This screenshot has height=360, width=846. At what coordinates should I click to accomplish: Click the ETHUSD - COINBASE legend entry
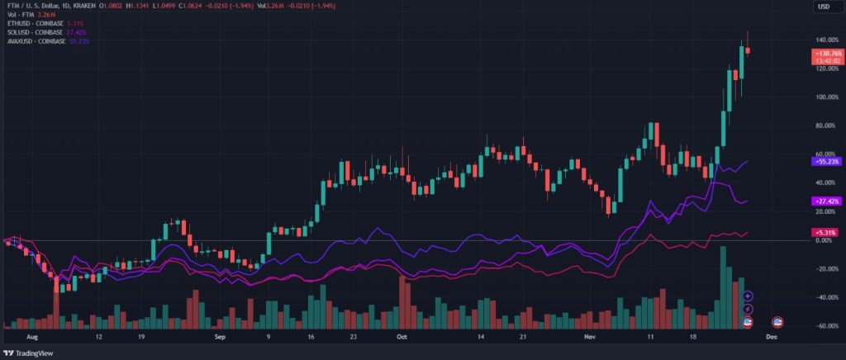36,22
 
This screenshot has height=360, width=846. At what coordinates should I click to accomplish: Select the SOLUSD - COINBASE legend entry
36,31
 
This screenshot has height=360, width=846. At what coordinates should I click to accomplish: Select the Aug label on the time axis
32,338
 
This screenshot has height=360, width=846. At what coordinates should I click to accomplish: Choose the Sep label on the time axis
220,338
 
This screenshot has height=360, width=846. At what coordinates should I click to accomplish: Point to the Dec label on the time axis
771,338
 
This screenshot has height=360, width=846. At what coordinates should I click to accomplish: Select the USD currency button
825,7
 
